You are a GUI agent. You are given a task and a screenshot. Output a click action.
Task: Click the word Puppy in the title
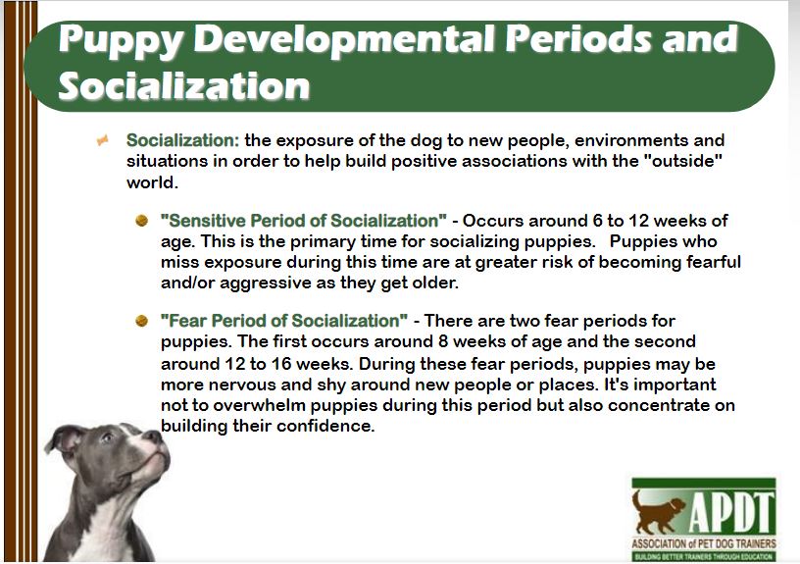click(x=121, y=39)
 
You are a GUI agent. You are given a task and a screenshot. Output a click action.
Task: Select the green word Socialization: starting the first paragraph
click(x=182, y=140)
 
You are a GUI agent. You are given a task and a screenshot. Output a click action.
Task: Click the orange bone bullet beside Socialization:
click(x=103, y=139)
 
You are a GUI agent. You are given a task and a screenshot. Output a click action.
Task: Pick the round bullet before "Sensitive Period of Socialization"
click(x=141, y=221)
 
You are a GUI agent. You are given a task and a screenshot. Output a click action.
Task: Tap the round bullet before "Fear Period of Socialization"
click(x=141, y=321)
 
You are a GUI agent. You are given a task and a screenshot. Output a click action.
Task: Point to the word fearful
click(x=714, y=261)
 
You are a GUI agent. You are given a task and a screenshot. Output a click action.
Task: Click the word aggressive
click(x=266, y=283)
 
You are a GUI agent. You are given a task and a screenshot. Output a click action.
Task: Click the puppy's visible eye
click(x=107, y=437)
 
